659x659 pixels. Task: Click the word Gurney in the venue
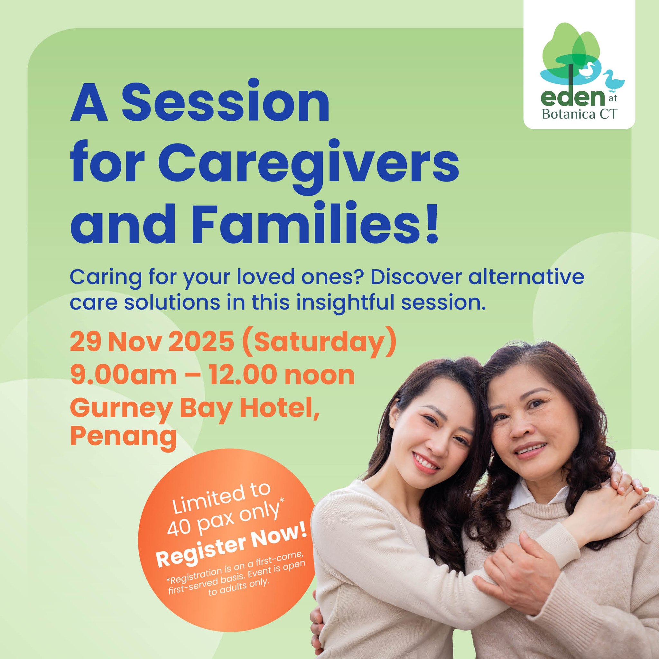(121, 408)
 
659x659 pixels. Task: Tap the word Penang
(123, 437)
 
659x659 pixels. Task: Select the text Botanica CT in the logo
(579, 114)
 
